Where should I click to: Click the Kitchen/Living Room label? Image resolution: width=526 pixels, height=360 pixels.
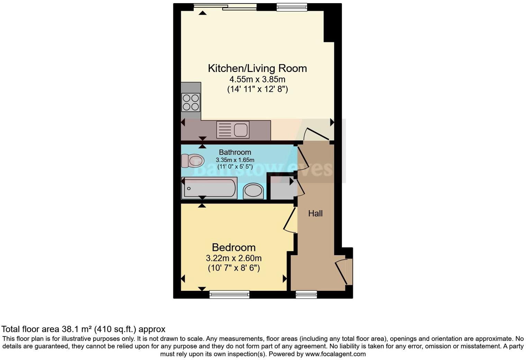coord(257,68)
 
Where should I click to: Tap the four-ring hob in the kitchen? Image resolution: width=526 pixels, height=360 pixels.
coord(191,102)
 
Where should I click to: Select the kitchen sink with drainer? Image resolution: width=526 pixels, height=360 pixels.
coord(233,130)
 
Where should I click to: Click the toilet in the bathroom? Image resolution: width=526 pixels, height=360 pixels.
coord(192,161)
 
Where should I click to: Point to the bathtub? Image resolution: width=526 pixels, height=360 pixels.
coord(209,188)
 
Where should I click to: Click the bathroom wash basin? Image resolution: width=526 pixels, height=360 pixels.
coord(253,191)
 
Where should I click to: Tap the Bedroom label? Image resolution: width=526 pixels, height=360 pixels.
coord(234,247)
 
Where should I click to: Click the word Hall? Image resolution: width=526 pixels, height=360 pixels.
coord(315,214)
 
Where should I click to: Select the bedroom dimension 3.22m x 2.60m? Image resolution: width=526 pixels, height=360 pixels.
coord(234,258)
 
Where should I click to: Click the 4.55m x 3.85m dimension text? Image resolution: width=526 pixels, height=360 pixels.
coord(257,79)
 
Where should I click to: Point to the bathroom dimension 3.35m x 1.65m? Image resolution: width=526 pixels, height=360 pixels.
coord(235,160)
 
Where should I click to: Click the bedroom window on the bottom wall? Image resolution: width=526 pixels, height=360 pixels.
coord(229,294)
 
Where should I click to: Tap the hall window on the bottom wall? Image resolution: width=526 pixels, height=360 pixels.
coord(306,294)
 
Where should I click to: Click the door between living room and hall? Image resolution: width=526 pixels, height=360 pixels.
coord(316,134)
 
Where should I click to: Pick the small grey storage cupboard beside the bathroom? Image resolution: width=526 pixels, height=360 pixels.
coord(281,188)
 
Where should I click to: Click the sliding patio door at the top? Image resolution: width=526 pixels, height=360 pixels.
coord(225,7)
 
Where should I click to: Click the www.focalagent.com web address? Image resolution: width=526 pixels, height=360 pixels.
coord(335,354)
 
